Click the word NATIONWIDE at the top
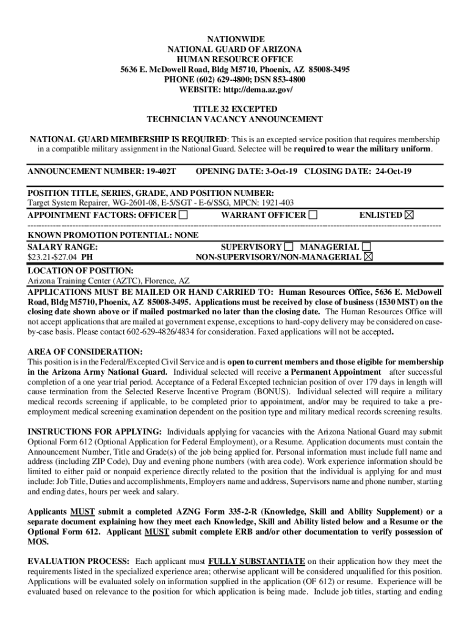point(235,39)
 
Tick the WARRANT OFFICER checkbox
point(313,215)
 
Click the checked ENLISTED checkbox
point(409,215)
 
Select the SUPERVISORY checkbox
point(289,247)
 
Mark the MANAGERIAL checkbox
point(366,247)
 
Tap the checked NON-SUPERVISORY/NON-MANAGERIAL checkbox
point(368,258)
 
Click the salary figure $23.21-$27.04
point(53,258)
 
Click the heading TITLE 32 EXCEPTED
point(235,109)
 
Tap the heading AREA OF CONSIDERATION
point(85,352)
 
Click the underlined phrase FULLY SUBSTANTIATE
point(256,561)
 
